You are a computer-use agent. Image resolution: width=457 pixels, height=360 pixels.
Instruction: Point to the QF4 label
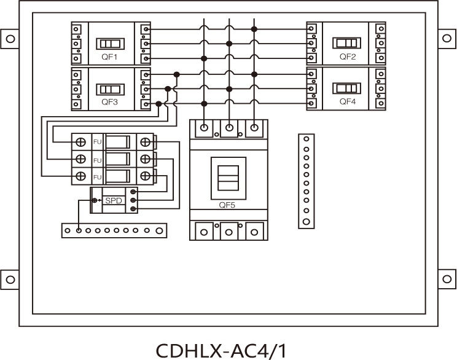click(348, 101)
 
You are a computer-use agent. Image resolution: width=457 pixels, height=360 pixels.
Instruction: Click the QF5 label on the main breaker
click(228, 206)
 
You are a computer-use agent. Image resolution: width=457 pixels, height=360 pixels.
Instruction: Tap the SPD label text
click(114, 201)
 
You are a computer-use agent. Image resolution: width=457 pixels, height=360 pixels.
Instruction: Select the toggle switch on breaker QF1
click(111, 44)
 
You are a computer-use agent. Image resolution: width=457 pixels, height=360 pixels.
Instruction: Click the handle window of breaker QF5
click(228, 177)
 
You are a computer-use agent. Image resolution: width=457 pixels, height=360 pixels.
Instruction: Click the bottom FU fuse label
click(97, 177)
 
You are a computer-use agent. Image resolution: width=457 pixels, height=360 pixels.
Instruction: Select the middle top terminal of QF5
click(229, 128)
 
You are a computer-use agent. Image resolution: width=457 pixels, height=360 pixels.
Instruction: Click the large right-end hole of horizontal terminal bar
click(160, 231)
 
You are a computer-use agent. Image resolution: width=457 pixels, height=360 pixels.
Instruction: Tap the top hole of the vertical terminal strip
click(306, 139)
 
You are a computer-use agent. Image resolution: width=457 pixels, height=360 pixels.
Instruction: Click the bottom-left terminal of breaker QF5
click(203, 232)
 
